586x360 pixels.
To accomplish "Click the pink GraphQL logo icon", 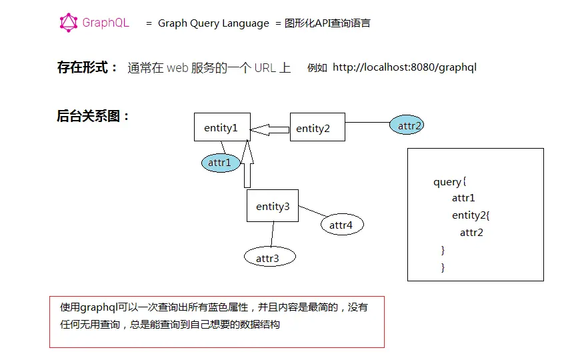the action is click(x=69, y=23).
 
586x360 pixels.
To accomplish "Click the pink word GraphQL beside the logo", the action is click(x=105, y=23).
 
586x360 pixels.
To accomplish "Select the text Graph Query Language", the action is click(x=213, y=23).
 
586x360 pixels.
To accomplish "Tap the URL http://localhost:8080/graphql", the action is click(x=405, y=67).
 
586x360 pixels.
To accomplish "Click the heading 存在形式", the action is click(x=87, y=67).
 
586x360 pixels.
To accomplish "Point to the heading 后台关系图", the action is click(x=93, y=116).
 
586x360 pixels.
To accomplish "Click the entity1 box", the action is click(x=221, y=127).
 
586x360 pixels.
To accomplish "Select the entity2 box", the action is click(x=317, y=127).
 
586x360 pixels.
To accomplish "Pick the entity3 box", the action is click(x=273, y=206).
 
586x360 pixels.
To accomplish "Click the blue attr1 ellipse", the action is click(x=220, y=162).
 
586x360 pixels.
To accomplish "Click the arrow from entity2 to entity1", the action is click(x=270, y=129).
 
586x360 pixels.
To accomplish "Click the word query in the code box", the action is click(x=447, y=182).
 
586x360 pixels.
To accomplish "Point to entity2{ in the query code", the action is click(x=471, y=215).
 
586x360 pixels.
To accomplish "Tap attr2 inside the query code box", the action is click(x=471, y=233).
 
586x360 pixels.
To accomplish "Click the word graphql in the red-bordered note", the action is click(x=99, y=307).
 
